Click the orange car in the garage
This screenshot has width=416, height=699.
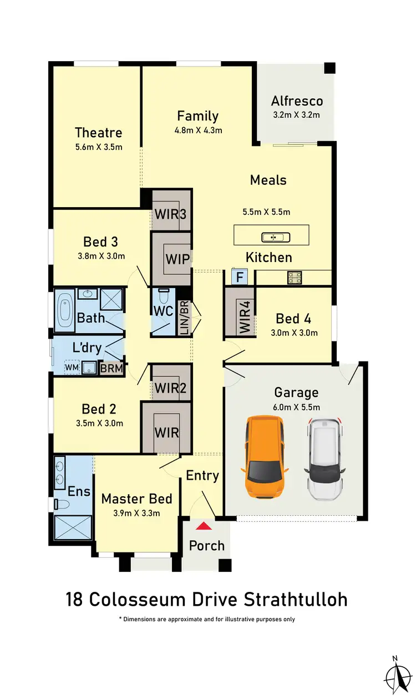264,456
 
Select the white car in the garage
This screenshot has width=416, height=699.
326,457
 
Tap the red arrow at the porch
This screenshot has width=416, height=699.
205,526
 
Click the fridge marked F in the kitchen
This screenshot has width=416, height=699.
239,276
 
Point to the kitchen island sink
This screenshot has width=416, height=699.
276,237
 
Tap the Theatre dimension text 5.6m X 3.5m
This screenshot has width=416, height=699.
98,147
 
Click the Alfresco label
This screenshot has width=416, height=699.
297,101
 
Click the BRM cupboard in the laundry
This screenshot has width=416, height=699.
111,368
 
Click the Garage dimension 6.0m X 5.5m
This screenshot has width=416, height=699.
297,407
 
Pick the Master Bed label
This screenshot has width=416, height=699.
136,499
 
